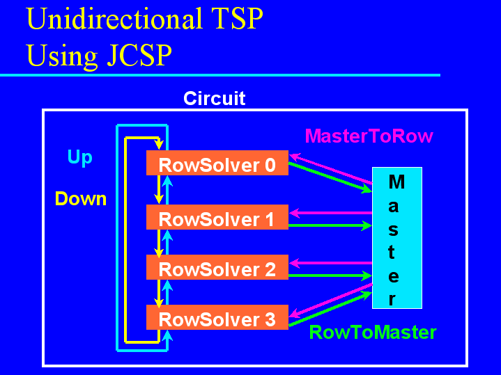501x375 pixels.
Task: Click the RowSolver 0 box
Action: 217,163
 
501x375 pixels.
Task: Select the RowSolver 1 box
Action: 217,217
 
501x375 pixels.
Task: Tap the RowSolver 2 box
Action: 217,267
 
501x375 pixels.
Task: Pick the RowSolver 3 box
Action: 217,317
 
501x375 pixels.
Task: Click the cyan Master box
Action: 397,238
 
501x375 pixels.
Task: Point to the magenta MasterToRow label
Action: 369,136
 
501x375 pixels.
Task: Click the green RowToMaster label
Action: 373,333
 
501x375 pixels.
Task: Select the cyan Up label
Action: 80,158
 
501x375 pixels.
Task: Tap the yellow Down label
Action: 81,198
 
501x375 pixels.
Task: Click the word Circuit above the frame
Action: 215,98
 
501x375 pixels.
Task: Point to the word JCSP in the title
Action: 139,55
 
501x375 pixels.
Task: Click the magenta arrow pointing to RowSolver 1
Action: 331,213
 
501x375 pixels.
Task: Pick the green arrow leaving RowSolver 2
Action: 330,276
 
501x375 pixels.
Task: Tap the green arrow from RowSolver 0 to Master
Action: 330,177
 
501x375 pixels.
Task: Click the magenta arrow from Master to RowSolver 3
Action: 331,300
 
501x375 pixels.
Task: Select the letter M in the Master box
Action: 397,182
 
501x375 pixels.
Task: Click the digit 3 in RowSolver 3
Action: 270,319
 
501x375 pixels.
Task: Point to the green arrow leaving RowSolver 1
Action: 330,225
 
